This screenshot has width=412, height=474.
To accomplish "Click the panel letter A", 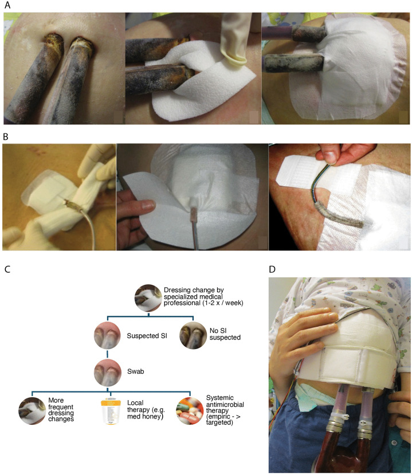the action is point(7,5).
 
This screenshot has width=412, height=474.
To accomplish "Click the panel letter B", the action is point(6,137).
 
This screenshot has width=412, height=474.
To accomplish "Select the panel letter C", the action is point(7,269).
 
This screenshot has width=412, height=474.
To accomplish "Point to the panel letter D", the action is point(272,269).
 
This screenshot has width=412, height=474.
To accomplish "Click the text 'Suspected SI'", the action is point(147,336).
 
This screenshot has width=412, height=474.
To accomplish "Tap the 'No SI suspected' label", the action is point(225,334).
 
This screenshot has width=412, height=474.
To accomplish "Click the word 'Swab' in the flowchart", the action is point(135,371).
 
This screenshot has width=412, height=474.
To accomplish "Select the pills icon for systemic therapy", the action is point(190,411).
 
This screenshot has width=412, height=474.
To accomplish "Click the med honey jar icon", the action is point(111,412).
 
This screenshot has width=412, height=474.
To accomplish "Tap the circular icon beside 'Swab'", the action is point(108,373).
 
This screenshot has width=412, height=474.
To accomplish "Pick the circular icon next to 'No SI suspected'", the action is point(193,335).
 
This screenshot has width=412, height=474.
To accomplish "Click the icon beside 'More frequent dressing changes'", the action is point(32,411).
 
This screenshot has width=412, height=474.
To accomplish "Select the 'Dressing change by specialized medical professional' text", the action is point(203,296).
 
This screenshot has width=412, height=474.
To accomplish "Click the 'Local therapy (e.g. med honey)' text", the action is point(146,410).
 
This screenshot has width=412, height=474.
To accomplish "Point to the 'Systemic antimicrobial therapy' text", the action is point(225,410).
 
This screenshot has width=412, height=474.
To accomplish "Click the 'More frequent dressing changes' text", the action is point(61,410).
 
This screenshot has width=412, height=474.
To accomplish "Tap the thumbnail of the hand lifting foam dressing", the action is point(192,197).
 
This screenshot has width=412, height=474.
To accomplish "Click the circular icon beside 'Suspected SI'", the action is point(108,335).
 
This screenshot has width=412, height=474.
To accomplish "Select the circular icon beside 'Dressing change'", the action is point(148,298).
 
